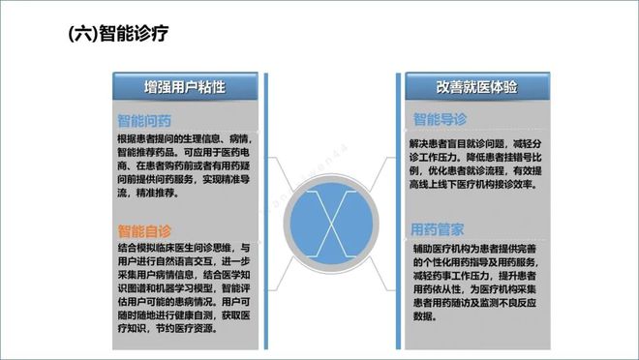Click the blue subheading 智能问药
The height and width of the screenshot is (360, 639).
point(144,121)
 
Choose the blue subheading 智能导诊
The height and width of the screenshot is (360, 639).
point(441,121)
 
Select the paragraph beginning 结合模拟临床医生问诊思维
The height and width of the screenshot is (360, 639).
point(184,287)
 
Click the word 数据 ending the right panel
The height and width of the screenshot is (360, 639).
point(423,316)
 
